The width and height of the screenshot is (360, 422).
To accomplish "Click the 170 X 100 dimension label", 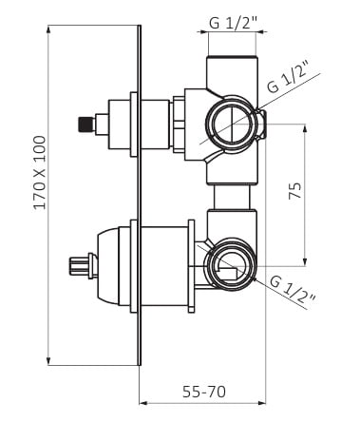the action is pos(40,172).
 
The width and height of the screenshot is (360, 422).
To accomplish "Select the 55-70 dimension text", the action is pos(204,392).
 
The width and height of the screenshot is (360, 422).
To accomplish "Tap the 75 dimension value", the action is pos(294,190).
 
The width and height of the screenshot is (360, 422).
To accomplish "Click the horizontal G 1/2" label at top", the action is pos(233,24).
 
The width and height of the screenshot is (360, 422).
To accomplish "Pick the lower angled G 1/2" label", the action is pos(294,291).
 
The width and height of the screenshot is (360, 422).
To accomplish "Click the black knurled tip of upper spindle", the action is pos(86,125).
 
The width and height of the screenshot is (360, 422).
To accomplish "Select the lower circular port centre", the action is pos(231,266).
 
